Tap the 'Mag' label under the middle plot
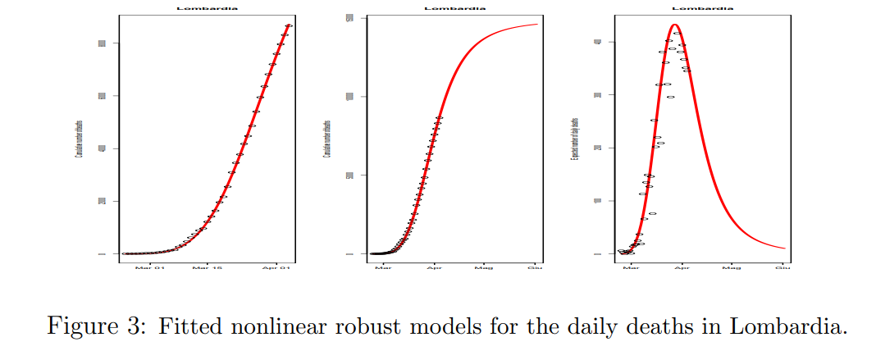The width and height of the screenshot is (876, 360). [x=484, y=267]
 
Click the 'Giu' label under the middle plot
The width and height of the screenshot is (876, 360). [x=534, y=267]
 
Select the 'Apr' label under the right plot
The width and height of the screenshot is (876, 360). [x=680, y=267]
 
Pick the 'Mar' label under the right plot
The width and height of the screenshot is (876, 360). [x=631, y=267]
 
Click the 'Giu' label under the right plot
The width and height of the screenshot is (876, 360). [x=782, y=267]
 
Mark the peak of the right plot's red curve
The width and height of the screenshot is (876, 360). [x=674, y=25]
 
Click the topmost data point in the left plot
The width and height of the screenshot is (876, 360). [x=289, y=25]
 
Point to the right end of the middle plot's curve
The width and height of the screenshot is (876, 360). [x=537, y=24]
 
